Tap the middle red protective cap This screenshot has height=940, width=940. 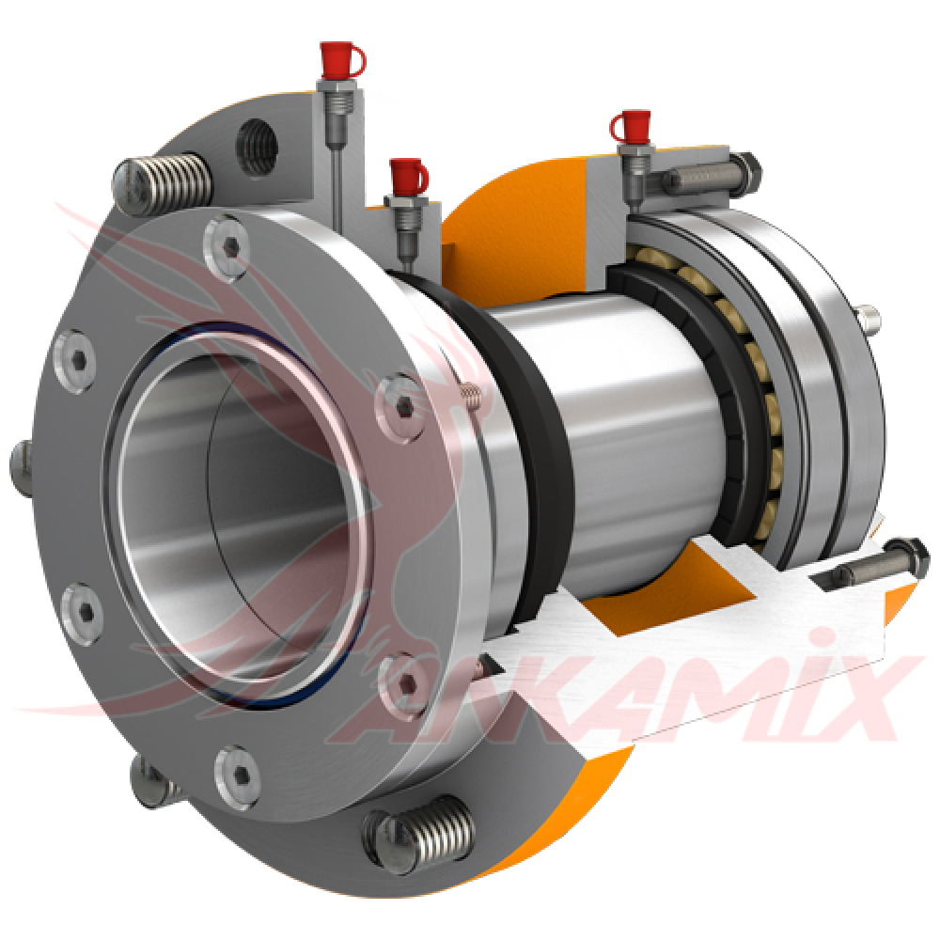pyautogui.click(x=407, y=173)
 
